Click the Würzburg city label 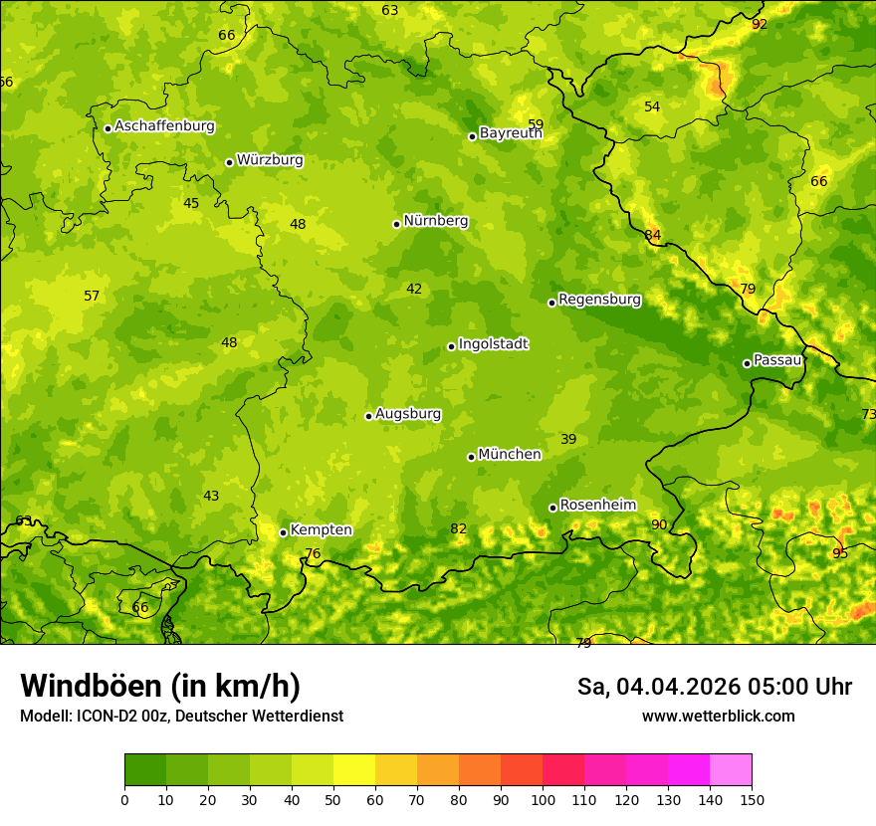269,160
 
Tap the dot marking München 471,457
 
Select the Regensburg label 599,300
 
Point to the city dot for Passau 747,363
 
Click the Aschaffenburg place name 164,126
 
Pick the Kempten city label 321,530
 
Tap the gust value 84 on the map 652,236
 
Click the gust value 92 760,24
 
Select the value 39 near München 568,439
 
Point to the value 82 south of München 458,528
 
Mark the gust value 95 840,553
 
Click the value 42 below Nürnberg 414,290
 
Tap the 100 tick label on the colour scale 543,799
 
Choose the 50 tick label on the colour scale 333,799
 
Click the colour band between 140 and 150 731,770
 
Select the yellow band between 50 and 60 354,770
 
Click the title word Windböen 91,686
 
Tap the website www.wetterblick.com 718,716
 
